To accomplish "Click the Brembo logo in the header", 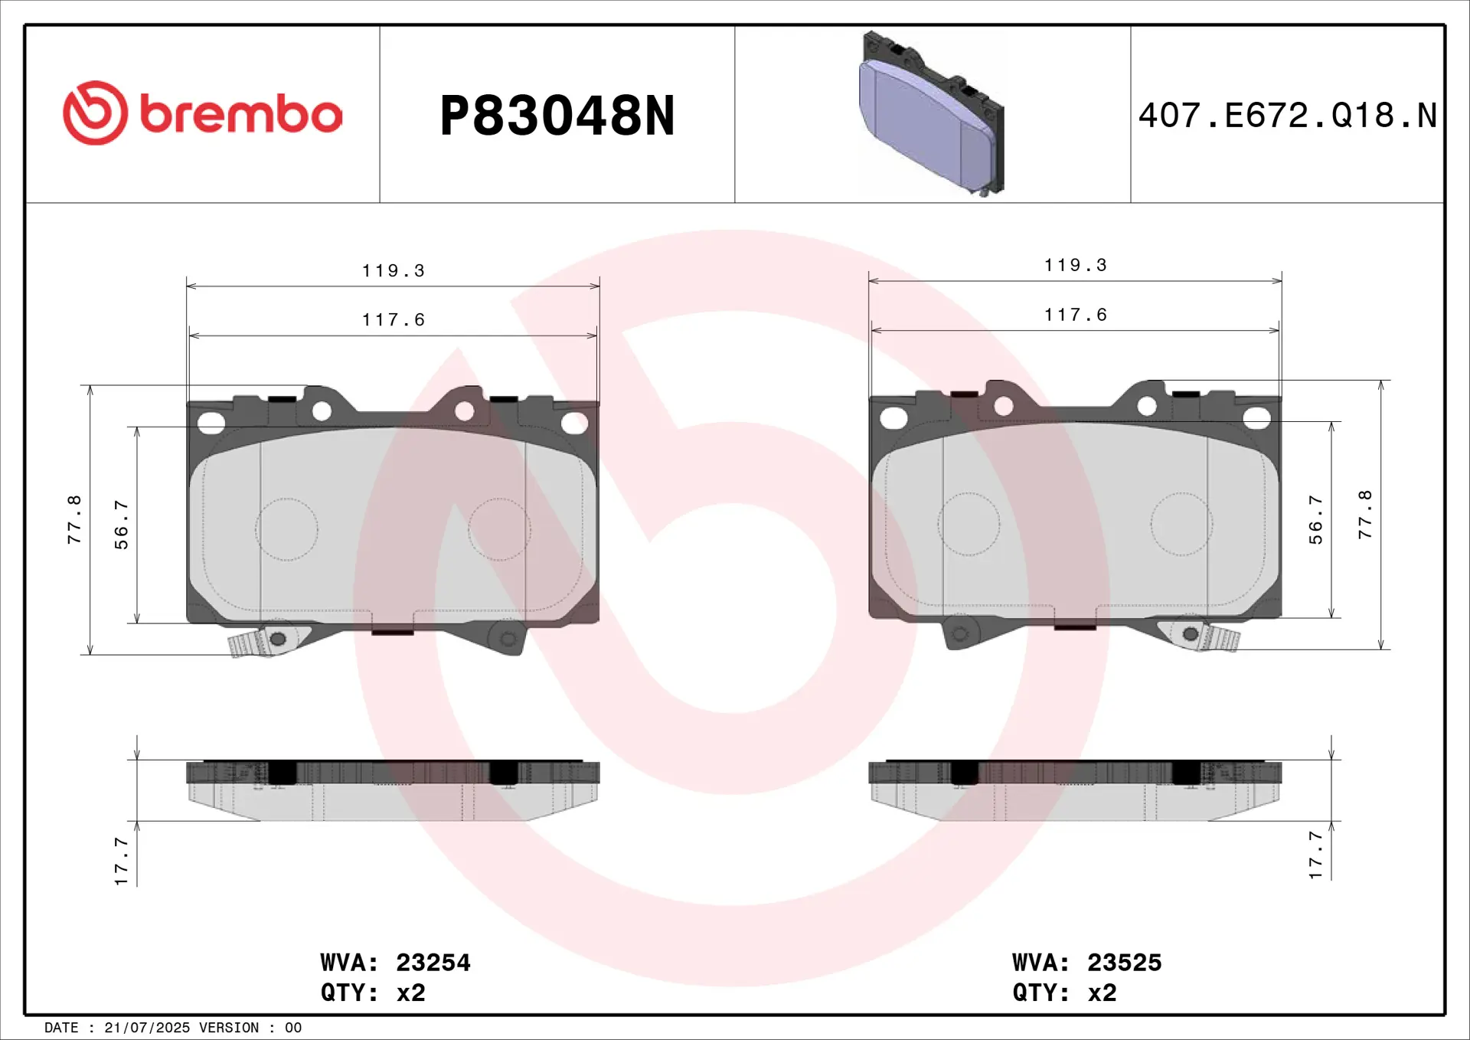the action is tap(202, 113).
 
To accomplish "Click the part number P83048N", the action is tap(557, 116).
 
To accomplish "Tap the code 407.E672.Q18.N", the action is tap(1287, 116).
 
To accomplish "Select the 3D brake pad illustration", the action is tap(932, 113).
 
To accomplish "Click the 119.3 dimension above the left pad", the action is tap(393, 270).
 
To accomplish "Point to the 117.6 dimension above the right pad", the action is tap(1075, 315).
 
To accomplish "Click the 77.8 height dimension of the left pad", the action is tap(74, 519).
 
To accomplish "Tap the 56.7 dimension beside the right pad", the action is tap(1315, 519).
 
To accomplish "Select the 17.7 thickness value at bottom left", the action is tap(121, 861).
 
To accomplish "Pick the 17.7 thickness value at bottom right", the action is tap(1315, 854).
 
